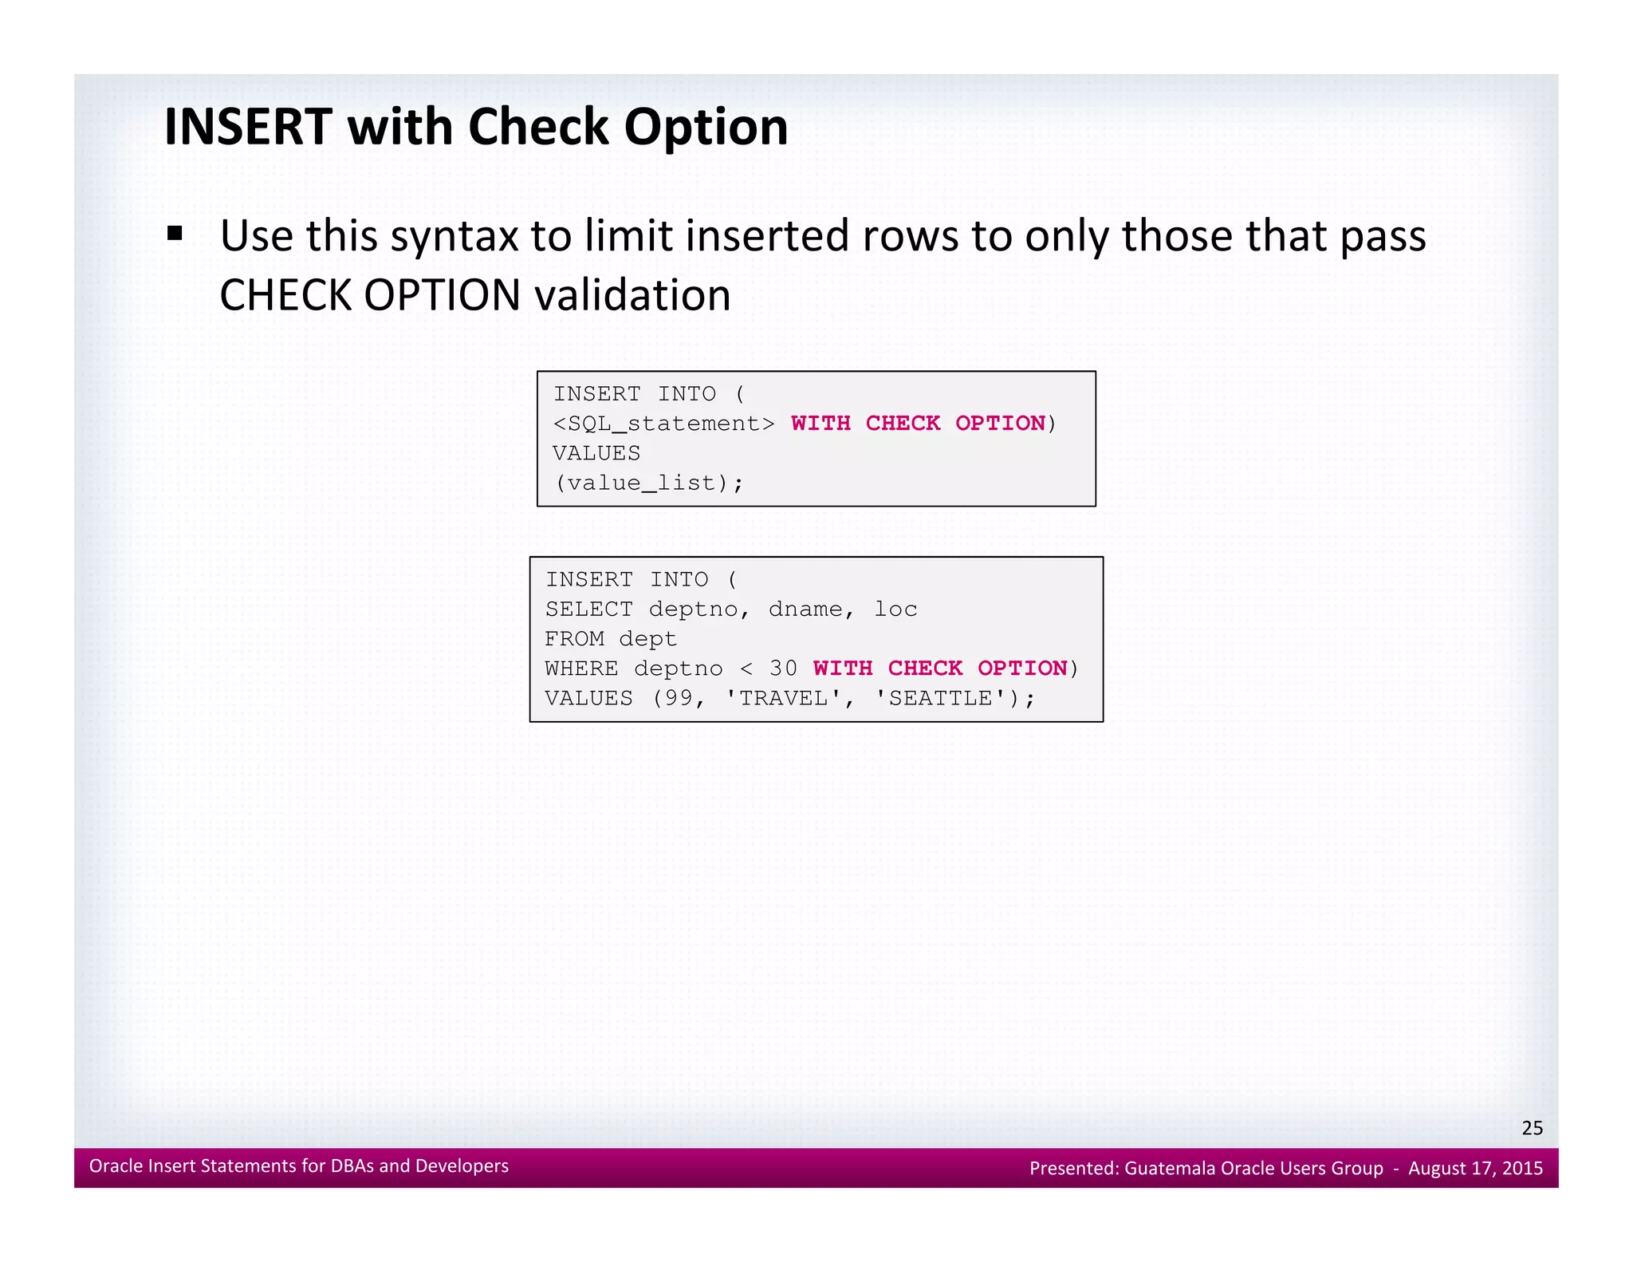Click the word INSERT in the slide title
(247, 127)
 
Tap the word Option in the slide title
(706, 128)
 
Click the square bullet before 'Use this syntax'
(175, 235)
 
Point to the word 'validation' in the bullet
(632, 295)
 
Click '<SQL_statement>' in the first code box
(663, 424)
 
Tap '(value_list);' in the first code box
(649, 483)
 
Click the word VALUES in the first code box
(596, 453)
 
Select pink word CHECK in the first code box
(903, 424)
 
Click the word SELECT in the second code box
(588, 609)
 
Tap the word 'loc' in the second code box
(895, 609)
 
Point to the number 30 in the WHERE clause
(783, 668)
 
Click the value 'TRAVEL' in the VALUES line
(783, 699)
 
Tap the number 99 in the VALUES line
(679, 699)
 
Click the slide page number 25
(1532, 1128)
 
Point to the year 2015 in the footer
(1522, 1169)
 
